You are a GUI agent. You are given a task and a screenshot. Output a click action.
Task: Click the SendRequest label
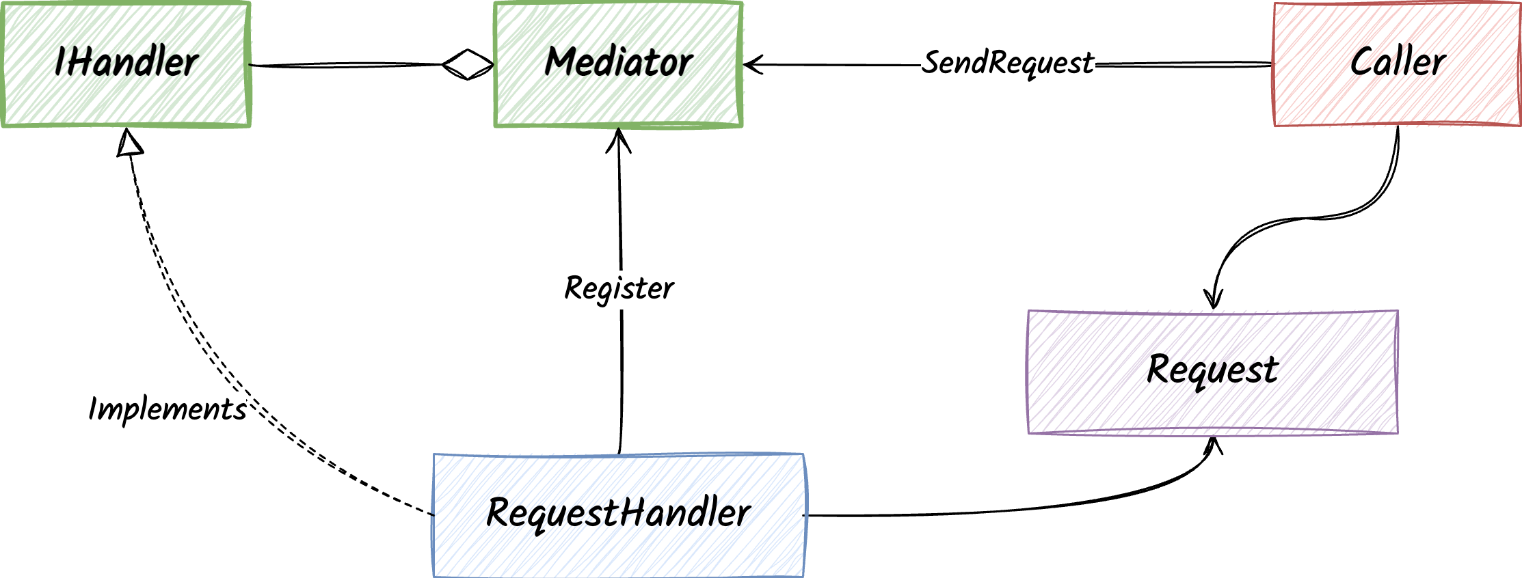pyautogui.click(x=1007, y=63)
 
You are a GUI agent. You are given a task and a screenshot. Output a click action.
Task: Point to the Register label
pyautogui.click(x=619, y=288)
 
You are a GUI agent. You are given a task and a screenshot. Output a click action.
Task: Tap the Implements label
pyautogui.click(x=168, y=409)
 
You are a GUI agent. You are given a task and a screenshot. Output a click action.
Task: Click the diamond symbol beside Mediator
pyautogui.click(x=468, y=65)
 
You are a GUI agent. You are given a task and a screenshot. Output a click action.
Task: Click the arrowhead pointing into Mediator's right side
pyautogui.click(x=752, y=65)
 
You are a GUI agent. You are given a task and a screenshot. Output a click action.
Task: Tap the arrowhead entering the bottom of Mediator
pyautogui.click(x=618, y=139)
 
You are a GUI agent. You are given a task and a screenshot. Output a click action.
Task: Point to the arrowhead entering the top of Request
pyautogui.click(x=1214, y=299)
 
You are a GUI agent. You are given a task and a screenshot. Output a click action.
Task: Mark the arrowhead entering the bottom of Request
pyautogui.click(x=1213, y=446)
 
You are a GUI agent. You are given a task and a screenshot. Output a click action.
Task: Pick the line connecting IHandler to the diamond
pyautogui.click(x=342, y=65)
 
